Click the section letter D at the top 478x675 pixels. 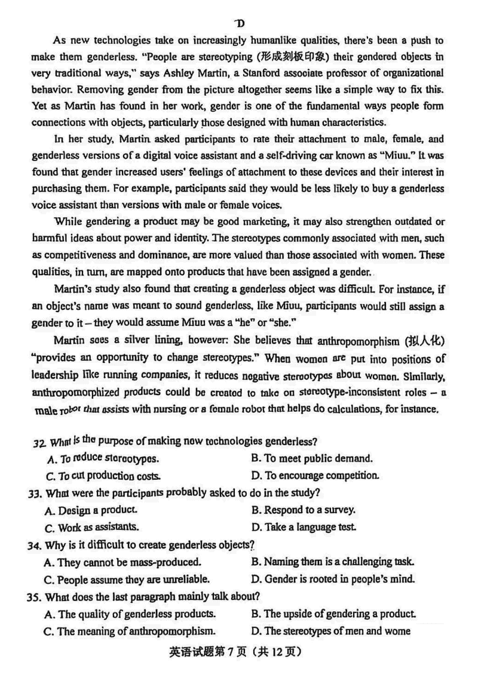240,23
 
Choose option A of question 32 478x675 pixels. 102,459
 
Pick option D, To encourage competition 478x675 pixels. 315,476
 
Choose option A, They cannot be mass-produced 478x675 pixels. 122,562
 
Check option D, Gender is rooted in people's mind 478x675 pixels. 332,579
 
